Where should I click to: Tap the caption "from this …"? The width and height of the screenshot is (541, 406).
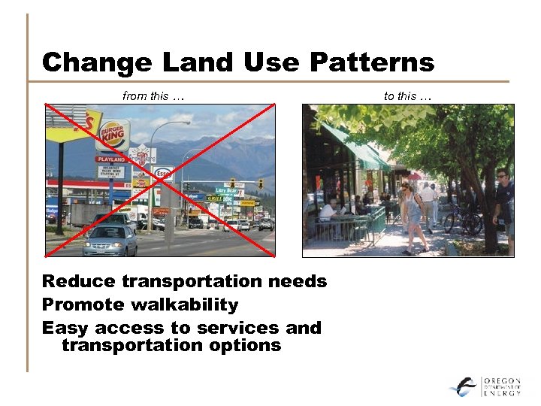(x=153, y=95)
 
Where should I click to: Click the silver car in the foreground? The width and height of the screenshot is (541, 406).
(x=110, y=240)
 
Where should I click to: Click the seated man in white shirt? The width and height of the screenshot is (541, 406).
(x=329, y=212)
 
